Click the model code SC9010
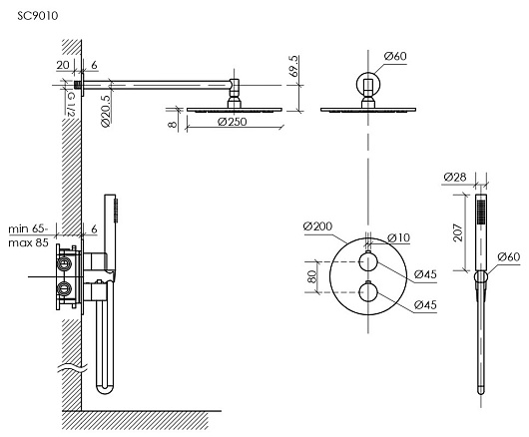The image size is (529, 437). point(38,16)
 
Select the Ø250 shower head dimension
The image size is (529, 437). point(233,122)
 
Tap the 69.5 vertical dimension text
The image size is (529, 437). point(294,66)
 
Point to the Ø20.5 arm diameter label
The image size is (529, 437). point(106,111)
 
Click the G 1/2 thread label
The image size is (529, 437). point(71,105)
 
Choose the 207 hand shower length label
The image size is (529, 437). point(458,232)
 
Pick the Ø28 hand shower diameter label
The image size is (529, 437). point(455,177)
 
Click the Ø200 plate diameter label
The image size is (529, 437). point(317,225)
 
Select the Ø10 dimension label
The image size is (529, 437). point(399,237)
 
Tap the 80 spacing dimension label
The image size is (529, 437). point(312,276)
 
